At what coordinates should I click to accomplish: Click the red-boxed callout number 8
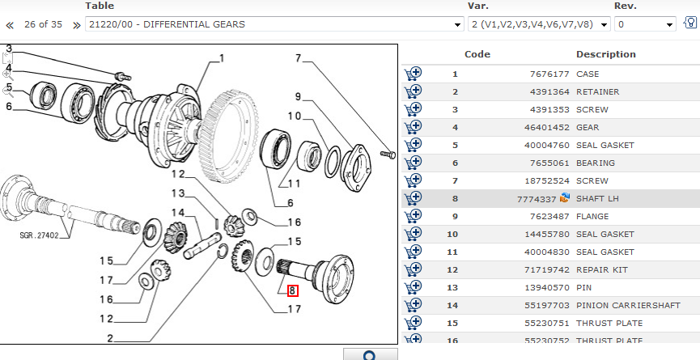click(x=292, y=291)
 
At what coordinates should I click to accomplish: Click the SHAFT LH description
click(x=597, y=198)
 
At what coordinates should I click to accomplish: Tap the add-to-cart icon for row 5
click(x=414, y=145)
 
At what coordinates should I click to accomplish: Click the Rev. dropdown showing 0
click(x=645, y=24)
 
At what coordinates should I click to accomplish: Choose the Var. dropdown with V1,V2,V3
click(x=539, y=24)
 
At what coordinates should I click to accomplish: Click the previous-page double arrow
click(x=10, y=25)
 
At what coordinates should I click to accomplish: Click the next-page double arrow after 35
click(x=77, y=25)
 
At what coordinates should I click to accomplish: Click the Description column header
click(x=605, y=54)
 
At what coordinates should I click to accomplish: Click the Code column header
click(x=477, y=54)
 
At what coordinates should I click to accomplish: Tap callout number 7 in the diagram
click(x=298, y=58)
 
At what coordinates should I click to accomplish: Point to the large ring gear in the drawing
click(x=235, y=129)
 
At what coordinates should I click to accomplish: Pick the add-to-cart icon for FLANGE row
click(x=414, y=216)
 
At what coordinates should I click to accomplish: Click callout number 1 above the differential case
click(x=222, y=58)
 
